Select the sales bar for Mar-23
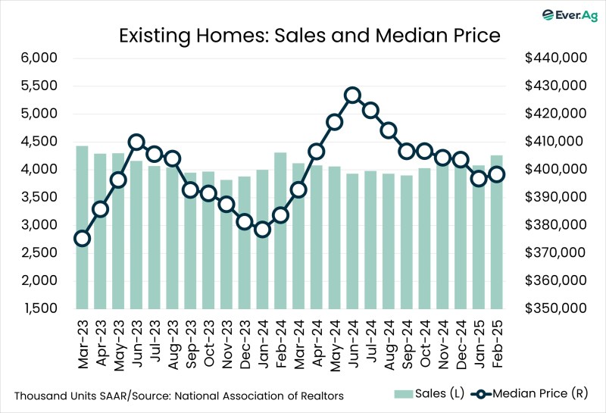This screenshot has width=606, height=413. coord(82,227)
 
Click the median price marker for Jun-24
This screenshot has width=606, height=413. coord(352,95)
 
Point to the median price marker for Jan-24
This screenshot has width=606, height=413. coord(262,230)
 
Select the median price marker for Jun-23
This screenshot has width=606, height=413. coord(136,142)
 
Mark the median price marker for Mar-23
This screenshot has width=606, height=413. coord(82,239)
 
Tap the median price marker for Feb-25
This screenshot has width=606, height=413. coord(496,174)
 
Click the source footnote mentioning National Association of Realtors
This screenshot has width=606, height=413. coord(179,396)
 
